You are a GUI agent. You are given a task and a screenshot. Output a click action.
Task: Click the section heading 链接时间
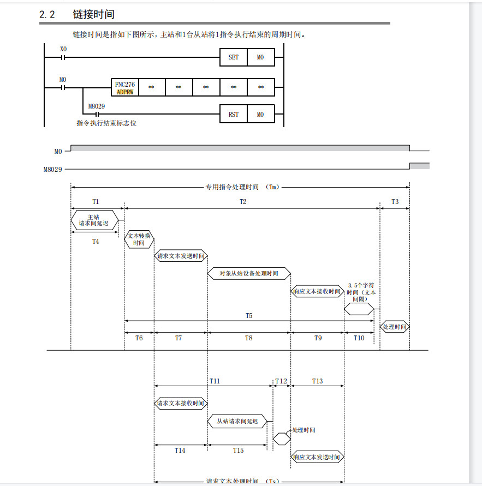click(x=93, y=15)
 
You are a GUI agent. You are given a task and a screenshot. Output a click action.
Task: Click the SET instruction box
click(x=233, y=57)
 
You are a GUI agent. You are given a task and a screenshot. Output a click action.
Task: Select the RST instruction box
click(x=233, y=115)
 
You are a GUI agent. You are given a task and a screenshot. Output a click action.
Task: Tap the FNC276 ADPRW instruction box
click(x=124, y=88)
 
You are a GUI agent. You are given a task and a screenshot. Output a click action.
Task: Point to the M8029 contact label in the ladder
click(x=96, y=106)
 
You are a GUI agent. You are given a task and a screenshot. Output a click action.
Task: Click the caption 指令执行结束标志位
click(x=106, y=123)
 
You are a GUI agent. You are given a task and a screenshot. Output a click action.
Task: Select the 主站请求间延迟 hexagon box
click(x=94, y=220)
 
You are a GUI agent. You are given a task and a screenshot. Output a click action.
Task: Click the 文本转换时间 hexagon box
click(x=139, y=239)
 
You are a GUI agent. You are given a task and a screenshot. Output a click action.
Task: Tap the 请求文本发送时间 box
click(x=181, y=256)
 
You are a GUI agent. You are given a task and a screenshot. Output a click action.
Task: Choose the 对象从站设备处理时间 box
click(x=248, y=273)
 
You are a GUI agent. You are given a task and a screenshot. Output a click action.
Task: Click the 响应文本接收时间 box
click(x=317, y=292)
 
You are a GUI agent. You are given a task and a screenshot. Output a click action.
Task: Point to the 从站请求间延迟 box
click(x=237, y=421)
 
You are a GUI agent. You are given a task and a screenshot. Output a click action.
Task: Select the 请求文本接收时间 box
click(x=181, y=404)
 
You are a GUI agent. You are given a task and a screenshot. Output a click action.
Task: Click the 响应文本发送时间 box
click(x=317, y=457)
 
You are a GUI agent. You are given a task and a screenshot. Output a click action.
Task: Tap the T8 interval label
click(x=248, y=338)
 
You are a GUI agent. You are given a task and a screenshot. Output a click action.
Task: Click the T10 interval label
click(x=359, y=338)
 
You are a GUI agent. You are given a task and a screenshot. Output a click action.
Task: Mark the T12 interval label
click(x=281, y=381)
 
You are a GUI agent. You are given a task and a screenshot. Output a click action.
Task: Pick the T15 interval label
click(x=238, y=450)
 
